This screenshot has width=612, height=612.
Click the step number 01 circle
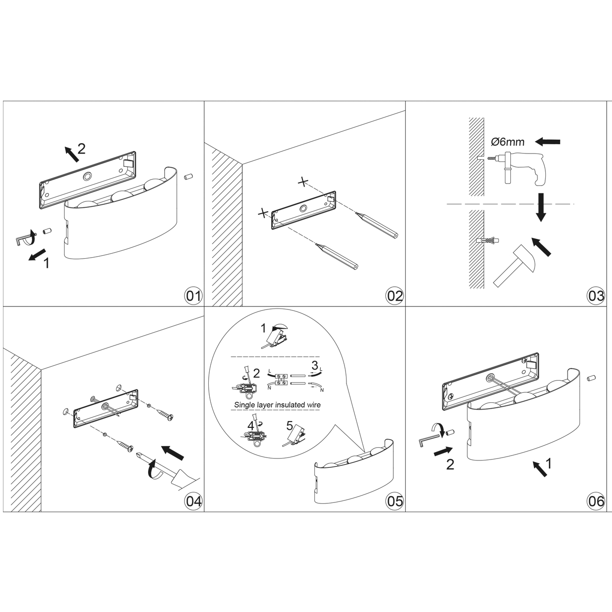[x=193, y=296]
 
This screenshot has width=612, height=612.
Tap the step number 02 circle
[x=395, y=296]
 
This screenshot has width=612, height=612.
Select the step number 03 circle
[x=596, y=296]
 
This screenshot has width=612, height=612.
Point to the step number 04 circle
[x=193, y=501]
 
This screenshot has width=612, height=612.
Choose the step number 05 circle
[x=395, y=501]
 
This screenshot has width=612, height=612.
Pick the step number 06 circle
[x=596, y=501]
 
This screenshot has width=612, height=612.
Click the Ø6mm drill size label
[x=507, y=142]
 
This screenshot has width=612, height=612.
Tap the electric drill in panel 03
[x=517, y=168]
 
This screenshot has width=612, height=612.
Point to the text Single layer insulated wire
[x=277, y=405]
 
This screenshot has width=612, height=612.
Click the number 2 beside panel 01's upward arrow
[x=81, y=149]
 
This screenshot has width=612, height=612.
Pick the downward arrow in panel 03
[x=541, y=207]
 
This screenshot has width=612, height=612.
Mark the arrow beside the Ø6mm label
[x=547, y=141]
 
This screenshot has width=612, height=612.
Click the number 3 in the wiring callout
[x=314, y=366]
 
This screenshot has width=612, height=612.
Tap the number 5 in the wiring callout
[x=289, y=425]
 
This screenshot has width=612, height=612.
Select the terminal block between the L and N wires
[x=281, y=379]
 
